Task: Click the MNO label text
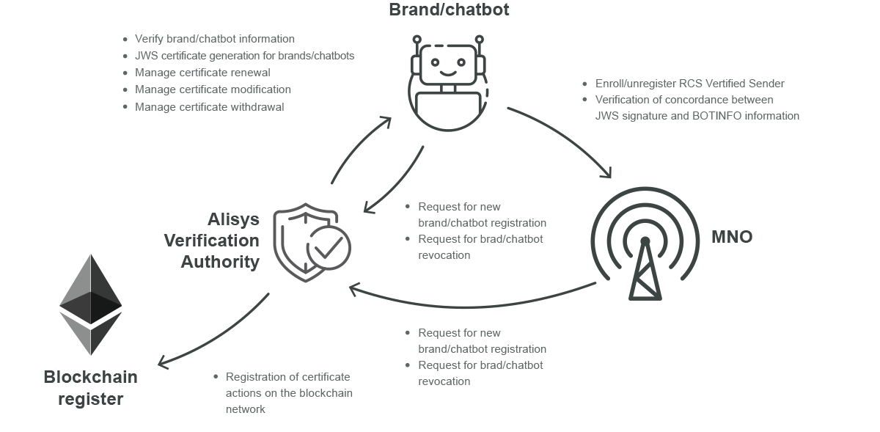tap(731, 237)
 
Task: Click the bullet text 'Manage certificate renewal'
tap(202, 73)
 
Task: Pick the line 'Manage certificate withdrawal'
tap(209, 106)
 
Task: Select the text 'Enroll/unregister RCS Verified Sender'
tap(689, 83)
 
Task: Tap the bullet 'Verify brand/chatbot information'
tap(214, 39)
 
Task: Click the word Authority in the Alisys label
tap(220, 262)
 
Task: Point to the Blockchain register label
tap(91, 388)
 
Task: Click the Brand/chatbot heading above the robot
tap(448, 10)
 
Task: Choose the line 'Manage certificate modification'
tap(213, 89)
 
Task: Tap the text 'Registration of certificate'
tap(287, 377)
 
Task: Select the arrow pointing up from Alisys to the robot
tap(359, 150)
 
